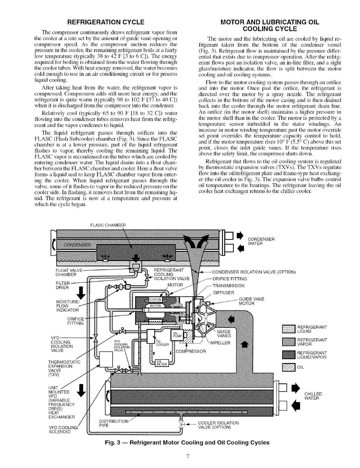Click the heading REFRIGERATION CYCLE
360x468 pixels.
[106, 22]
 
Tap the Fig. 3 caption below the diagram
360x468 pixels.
[187, 442]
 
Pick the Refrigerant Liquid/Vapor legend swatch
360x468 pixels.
[288, 355]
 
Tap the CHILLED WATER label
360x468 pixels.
[313, 396]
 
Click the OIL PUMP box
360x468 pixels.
[176, 335]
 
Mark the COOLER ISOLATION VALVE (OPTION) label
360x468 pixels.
[218, 425]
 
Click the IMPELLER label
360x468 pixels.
[220, 343]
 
